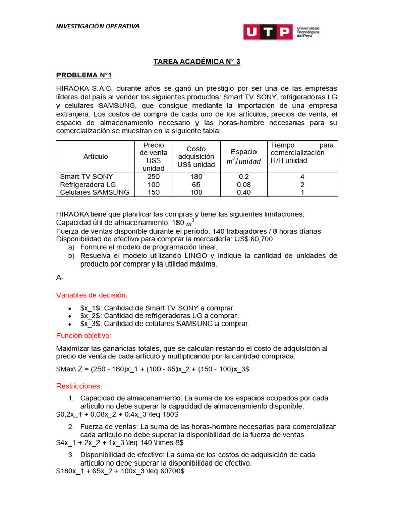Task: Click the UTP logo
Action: pyautogui.click(x=281, y=32)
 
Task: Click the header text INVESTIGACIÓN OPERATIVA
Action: pyautogui.click(x=97, y=26)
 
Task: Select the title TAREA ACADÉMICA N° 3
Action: pyautogui.click(x=197, y=62)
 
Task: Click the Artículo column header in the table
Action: pyautogui.click(x=95, y=156)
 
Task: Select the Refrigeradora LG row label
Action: pyautogui.click(x=88, y=185)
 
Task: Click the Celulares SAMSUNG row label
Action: pyautogui.click(x=94, y=192)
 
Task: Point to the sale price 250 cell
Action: pyautogui.click(x=153, y=177)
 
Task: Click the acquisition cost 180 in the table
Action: pyautogui.click(x=196, y=177)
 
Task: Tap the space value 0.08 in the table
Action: pyautogui.click(x=244, y=185)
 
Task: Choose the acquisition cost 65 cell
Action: pyautogui.click(x=196, y=185)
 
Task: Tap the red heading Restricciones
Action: pyautogui.click(x=79, y=386)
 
